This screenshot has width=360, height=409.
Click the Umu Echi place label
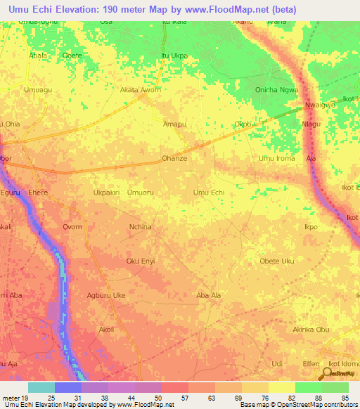click(209, 192)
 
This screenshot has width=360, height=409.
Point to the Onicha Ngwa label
click(277, 90)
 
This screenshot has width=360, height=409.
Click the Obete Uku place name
click(277, 261)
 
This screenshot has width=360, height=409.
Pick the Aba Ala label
click(209, 296)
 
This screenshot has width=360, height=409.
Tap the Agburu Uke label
click(105, 296)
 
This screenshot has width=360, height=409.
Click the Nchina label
click(141, 227)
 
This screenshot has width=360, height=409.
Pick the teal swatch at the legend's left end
click(41, 387)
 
